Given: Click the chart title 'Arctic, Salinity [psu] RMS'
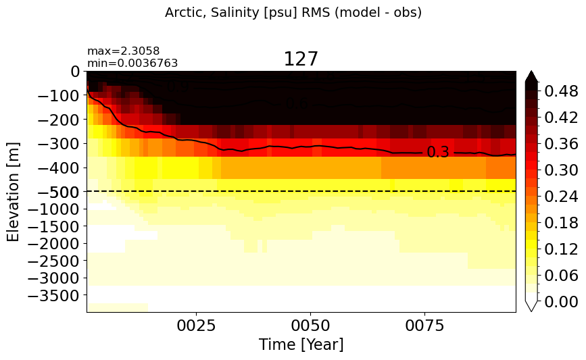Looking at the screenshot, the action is point(248,13).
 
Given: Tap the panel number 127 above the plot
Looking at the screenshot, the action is point(301,59).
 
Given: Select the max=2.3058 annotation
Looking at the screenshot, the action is point(123,51).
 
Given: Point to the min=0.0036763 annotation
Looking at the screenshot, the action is point(132,63).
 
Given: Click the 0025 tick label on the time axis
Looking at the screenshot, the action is point(196,326).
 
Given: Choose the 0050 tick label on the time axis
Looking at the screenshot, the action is point(310,326).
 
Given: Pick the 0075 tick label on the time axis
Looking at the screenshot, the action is point(425,326).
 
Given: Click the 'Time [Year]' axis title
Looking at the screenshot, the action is point(301,344).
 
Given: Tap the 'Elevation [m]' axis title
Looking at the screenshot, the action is point(13,192).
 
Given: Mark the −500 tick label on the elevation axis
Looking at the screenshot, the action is point(59,192).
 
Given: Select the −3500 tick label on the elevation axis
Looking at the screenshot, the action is point(54,296).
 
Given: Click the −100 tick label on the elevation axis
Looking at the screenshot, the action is point(59,96).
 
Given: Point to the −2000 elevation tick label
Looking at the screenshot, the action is point(54,244).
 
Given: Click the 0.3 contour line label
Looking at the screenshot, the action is point(437,153).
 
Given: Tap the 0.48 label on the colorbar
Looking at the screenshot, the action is point(562,91).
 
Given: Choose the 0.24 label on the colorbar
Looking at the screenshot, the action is point(562,197).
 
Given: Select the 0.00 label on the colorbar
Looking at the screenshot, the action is point(562,302).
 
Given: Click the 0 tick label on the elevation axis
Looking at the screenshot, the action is point(75,72).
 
